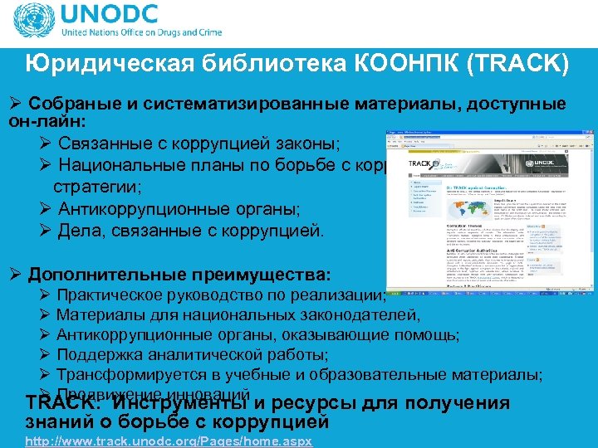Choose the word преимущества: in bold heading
click(x=261, y=274)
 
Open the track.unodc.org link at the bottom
click(x=169, y=441)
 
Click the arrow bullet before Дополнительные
click(x=14, y=274)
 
